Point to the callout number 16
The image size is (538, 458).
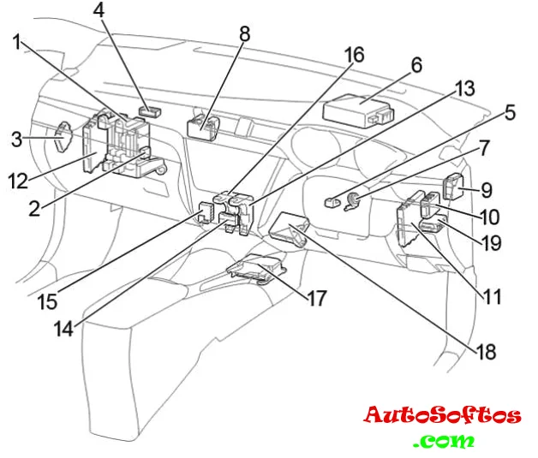coord(353,57)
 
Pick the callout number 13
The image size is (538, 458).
coord(464,88)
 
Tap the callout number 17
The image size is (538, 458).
coord(316,300)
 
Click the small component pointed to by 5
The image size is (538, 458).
coord(331,203)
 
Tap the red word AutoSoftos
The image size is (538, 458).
coord(442,416)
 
